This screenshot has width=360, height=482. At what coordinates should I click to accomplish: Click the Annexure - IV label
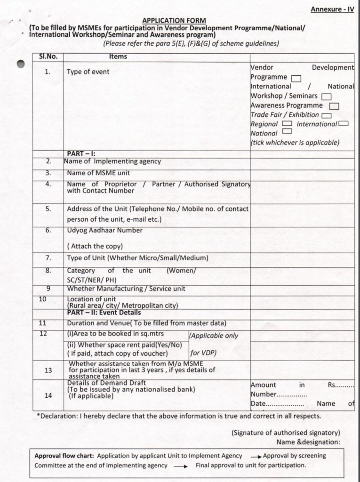pyautogui.click(x=332, y=9)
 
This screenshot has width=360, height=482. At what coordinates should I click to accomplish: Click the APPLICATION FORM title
pyautogui.click(x=174, y=21)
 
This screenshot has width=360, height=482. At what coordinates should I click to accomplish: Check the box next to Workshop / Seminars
pyautogui.click(x=326, y=96)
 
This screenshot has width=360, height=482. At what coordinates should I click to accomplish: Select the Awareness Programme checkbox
pyautogui.click(x=334, y=106)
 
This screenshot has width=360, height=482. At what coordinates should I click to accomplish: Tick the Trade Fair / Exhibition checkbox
pyautogui.click(x=327, y=115)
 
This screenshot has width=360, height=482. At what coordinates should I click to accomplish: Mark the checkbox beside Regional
pyautogui.click(x=287, y=124)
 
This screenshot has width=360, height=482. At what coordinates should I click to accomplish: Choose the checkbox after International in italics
pyautogui.click(x=343, y=124)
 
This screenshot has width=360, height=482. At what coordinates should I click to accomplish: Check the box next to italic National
pyautogui.click(x=285, y=134)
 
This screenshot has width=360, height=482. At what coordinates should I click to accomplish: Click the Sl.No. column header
pyautogui.click(x=48, y=56)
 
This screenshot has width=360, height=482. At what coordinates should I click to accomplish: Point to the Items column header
pyautogui.click(x=118, y=56)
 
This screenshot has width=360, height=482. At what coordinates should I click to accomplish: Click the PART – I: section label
pyautogui.click(x=81, y=154)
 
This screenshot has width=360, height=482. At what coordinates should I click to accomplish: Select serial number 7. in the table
pyautogui.click(x=48, y=258)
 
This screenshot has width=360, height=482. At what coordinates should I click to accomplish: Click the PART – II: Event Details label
pyautogui.click(x=104, y=312)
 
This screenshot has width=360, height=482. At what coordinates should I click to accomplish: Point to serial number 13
pyautogui.click(x=48, y=370)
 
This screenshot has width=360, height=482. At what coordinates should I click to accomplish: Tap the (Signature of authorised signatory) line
pyautogui.click(x=286, y=433)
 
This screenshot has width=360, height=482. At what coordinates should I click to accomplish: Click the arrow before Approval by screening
pyautogui.click(x=256, y=457)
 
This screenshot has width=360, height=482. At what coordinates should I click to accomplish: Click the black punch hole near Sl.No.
pyautogui.click(x=20, y=65)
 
